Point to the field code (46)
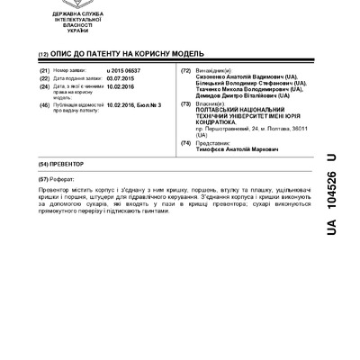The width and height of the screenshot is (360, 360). point(44,104)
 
